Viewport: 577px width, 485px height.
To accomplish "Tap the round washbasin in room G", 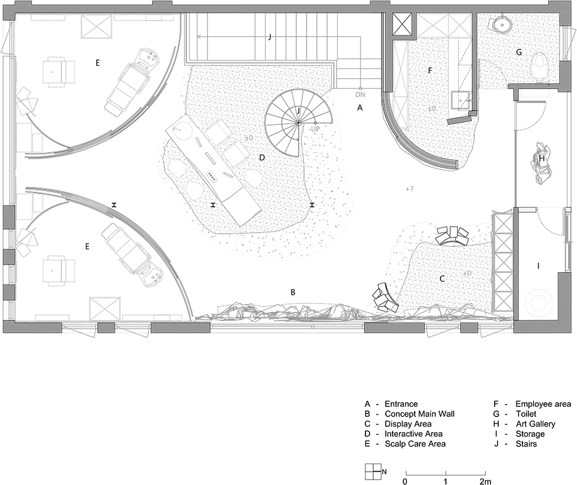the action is coord(501,24).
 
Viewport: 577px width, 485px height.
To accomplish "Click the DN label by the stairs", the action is coord(360,94).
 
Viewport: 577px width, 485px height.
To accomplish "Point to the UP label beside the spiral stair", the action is coord(315,129).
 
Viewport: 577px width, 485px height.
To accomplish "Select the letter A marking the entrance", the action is coord(360,108).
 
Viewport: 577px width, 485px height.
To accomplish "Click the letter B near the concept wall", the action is coord(293,292).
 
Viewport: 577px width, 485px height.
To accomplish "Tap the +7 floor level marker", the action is coord(409,189).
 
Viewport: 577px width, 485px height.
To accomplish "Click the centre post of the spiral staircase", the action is coord(298,123).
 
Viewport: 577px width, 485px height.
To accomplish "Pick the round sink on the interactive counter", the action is coord(181,129).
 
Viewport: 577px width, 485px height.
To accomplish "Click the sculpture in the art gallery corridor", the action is coord(542,163).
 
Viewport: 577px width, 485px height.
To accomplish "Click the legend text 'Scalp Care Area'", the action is coord(415,444).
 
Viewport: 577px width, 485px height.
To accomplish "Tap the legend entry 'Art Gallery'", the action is coord(536,424).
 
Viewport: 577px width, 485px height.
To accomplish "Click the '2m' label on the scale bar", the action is coord(485,481).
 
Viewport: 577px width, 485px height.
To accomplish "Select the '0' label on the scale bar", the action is coord(405,481).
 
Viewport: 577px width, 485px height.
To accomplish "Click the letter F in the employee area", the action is coord(429,71).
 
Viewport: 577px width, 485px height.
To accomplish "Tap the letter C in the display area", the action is coord(442,279).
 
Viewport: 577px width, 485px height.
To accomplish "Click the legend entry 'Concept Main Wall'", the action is coord(420,414).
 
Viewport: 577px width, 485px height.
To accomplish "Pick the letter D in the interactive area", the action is coord(262,157).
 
